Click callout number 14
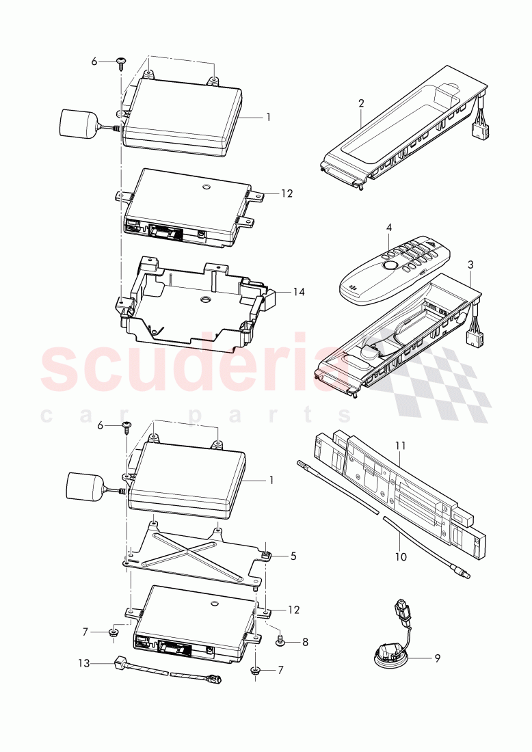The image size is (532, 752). pyautogui.click(x=299, y=292)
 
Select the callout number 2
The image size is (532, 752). pyautogui.click(x=361, y=103)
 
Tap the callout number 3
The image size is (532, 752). pyautogui.click(x=470, y=263)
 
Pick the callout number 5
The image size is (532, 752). pyautogui.click(x=293, y=556)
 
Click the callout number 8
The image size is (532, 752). pyautogui.click(x=305, y=642)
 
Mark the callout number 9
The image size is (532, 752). pyautogui.click(x=437, y=658)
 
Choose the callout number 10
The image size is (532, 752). pyautogui.click(x=401, y=556)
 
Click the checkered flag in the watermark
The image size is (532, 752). pyautogui.click(x=438, y=383)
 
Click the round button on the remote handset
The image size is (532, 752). pyautogui.click(x=389, y=267)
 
